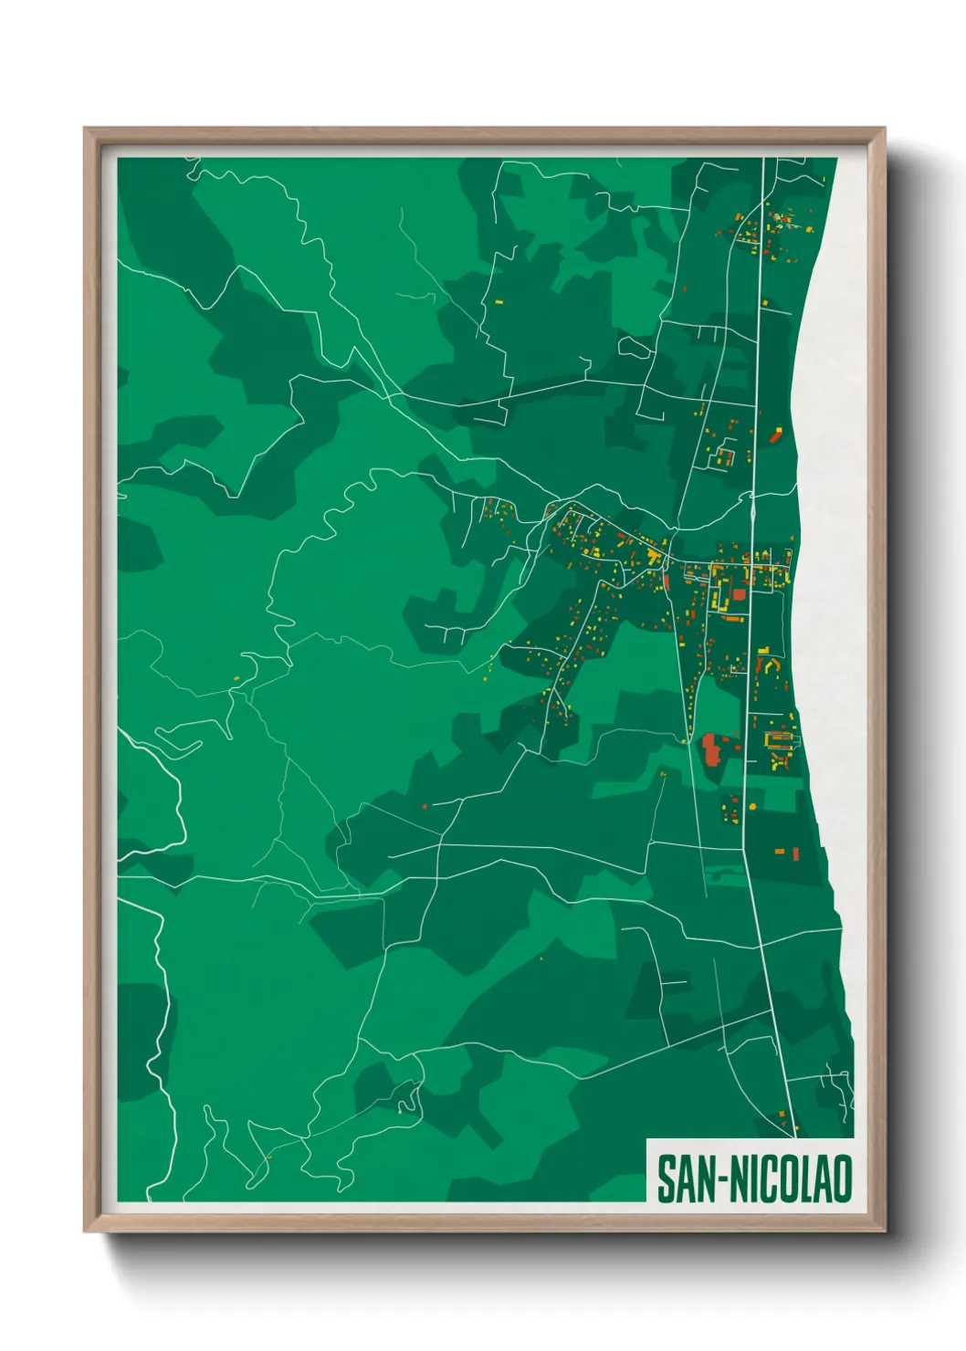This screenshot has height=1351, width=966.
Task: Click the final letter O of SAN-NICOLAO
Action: point(842,1179)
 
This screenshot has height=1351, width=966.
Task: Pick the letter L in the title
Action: point(806,1179)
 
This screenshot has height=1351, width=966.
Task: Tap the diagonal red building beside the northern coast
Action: point(776,435)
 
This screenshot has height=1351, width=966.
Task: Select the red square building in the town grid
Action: point(739,594)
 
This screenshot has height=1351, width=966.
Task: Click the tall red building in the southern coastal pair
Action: point(795,854)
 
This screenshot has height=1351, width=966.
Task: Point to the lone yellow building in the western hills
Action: point(236,677)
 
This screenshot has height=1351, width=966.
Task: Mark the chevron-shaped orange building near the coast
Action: point(769,664)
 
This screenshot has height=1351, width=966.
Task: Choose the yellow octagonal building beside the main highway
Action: point(727,453)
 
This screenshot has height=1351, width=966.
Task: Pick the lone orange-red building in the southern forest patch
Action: point(425,806)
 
